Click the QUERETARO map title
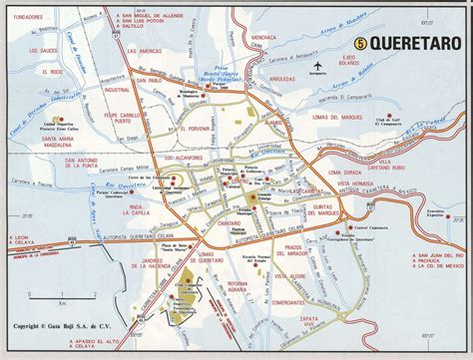pos(412,43)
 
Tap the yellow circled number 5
pos(360,43)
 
